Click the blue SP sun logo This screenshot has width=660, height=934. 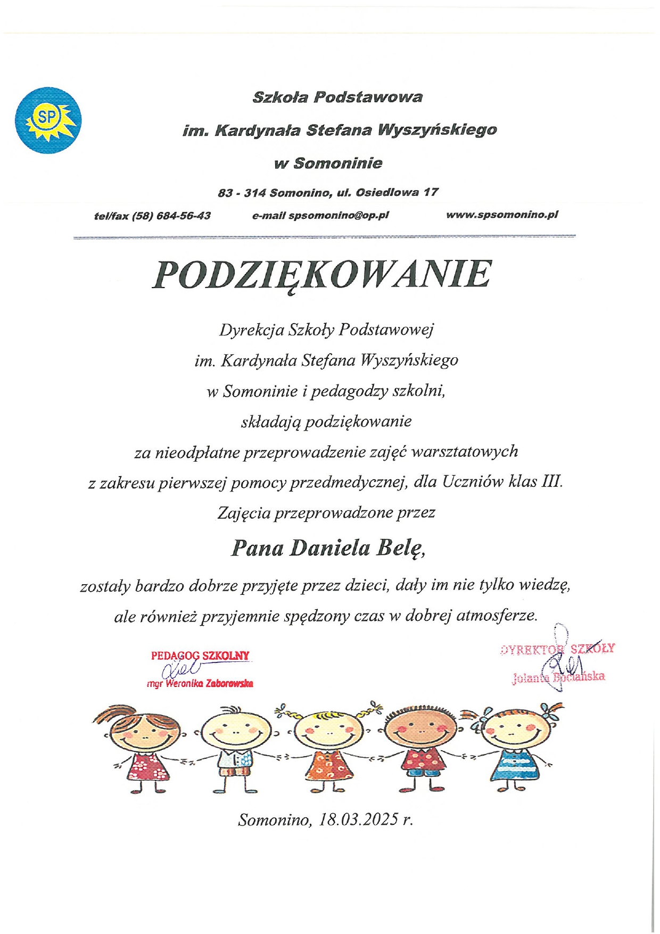[48, 120]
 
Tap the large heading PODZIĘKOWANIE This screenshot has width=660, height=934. [321, 275]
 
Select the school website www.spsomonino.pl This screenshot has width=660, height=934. [502, 215]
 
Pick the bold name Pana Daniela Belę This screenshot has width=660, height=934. [328, 548]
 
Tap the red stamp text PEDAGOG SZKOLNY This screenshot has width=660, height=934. [200, 656]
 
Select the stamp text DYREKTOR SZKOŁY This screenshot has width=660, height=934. [558, 649]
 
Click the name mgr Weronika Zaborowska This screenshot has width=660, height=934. [200, 683]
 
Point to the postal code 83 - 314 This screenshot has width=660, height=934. [242, 193]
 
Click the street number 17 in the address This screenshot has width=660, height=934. [431, 192]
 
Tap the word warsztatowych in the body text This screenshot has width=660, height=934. [465, 452]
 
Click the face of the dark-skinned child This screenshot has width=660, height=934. [420, 730]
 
